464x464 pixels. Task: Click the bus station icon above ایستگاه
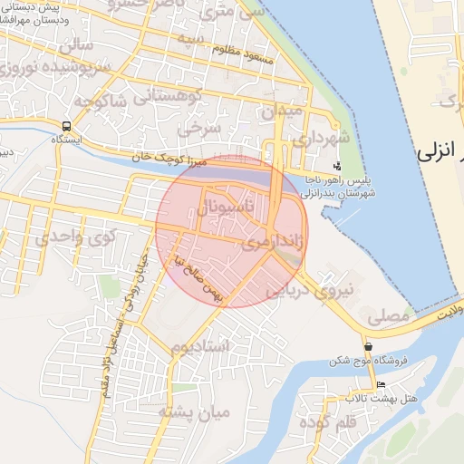click(67, 125)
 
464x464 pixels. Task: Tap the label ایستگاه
click(67, 140)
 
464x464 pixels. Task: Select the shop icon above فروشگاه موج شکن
click(368, 347)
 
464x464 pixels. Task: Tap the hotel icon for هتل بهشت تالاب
click(380, 385)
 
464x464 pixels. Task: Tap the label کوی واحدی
click(78, 238)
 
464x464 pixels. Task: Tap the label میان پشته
click(195, 412)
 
